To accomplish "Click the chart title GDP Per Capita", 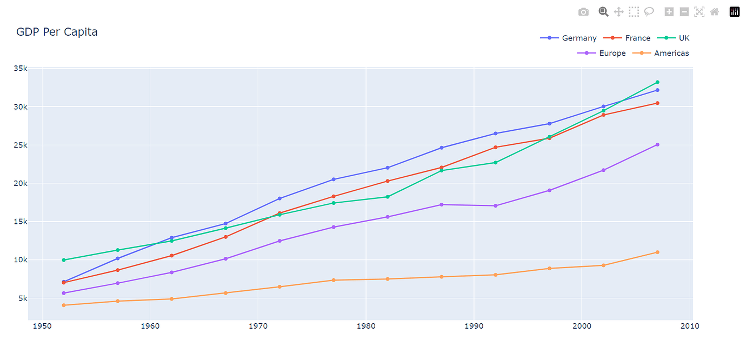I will click(x=57, y=32).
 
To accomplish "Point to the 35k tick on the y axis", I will click(x=21, y=69).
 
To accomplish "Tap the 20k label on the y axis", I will click(x=21, y=183).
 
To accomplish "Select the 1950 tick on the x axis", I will click(x=42, y=326).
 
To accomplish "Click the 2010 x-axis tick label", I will click(x=690, y=326).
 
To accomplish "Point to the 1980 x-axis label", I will click(x=366, y=326).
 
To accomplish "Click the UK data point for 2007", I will click(x=657, y=82).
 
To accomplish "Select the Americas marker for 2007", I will click(x=657, y=252).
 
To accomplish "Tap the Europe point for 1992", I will click(x=495, y=206).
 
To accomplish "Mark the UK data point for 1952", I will click(x=64, y=260).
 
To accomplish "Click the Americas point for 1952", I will click(x=64, y=305).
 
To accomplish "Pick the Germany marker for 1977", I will click(x=334, y=179).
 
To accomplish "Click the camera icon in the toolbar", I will click(x=583, y=12).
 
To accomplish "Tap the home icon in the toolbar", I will click(x=715, y=12).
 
